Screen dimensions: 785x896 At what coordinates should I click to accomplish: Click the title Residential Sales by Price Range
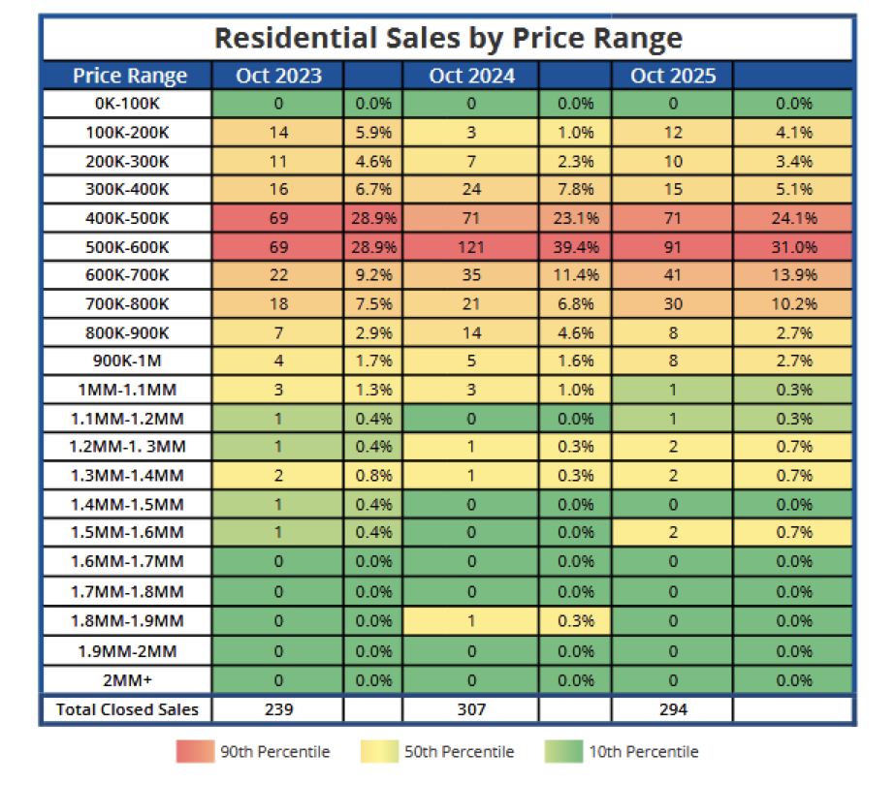pos(448,38)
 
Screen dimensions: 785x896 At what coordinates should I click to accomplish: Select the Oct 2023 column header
pos(278,76)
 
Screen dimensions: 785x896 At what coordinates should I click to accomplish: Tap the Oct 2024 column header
pos(472,76)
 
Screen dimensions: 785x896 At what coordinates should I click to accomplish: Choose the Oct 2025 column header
pos(673,76)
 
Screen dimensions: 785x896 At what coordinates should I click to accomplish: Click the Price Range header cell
pos(129,76)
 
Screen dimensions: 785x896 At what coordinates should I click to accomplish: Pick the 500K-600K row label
pos(127,245)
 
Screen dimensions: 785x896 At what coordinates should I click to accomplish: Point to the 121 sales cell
pos(472,245)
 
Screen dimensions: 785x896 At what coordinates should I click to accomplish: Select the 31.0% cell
pos(794,245)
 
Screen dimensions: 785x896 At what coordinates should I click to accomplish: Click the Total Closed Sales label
pos(127,709)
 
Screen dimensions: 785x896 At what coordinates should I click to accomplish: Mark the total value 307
pos(472,709)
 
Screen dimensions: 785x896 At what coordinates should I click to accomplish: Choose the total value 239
pos(278,709)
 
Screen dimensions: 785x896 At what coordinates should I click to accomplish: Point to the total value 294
pos(673,709)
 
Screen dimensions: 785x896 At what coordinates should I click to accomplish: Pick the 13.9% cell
pos(794,276)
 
